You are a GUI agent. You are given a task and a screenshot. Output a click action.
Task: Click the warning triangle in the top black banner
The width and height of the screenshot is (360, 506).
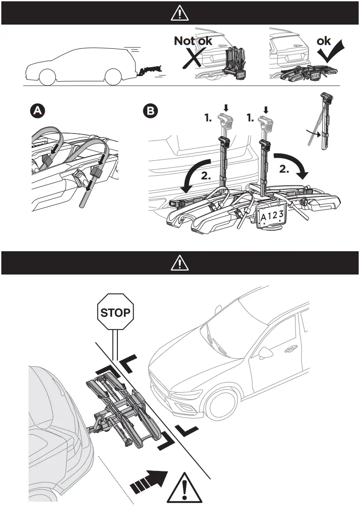point(180,14)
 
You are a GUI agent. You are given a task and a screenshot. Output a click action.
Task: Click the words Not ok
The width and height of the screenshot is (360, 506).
point(193,41)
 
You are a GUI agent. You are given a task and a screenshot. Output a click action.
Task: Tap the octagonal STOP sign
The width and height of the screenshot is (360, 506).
point(115,312)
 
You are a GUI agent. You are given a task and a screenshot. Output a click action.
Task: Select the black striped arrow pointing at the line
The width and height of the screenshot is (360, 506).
point(150,482)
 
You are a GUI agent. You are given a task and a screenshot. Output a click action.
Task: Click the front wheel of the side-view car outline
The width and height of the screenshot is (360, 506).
point(47,77)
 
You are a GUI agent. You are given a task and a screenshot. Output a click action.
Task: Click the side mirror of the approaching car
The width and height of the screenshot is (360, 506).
point(267,353)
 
